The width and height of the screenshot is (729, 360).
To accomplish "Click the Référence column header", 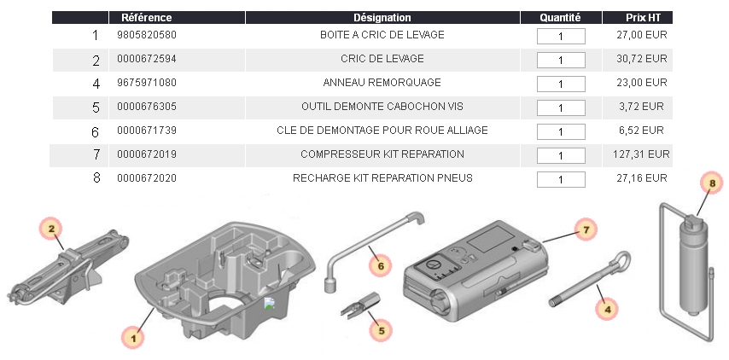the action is pos(147,18).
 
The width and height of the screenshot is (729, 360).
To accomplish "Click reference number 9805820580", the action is pos(147,35).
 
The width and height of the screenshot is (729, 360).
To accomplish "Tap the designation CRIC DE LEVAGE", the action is pos(382,59).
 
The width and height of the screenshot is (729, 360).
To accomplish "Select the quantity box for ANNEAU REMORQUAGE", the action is pos(561,84).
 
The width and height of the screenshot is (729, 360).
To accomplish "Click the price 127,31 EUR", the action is pos(641,154).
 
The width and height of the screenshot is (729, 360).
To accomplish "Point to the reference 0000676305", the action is pos(147,107).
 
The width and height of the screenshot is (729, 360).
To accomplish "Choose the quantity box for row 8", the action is pos(561,179).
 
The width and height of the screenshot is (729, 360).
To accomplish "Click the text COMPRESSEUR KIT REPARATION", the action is pos(382,154).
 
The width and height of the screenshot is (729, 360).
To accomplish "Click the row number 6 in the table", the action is pos(96,132).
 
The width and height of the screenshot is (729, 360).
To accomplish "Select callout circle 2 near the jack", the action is pos(51,229).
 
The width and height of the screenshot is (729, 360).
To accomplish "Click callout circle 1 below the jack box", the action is pos(133,338).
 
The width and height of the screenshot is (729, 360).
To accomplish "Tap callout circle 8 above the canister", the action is pos(711,183).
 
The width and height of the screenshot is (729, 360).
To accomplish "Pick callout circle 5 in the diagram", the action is pos(381,331).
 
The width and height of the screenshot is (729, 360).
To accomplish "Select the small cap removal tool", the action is pos(360,304).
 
